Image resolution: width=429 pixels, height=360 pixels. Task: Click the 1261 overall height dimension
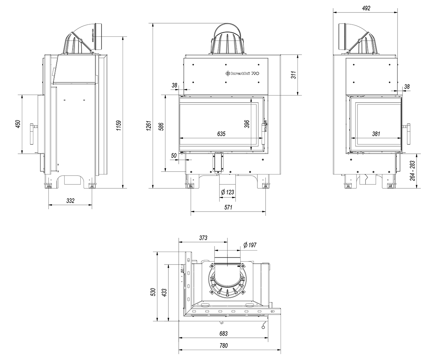[149, 125]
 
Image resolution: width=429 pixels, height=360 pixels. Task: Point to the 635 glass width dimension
[221, 134]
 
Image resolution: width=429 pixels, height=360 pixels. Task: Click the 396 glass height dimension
[247, 124]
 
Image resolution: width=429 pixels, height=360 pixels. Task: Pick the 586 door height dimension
[161, 127]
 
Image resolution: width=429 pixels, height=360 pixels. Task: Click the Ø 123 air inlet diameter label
[227, 192]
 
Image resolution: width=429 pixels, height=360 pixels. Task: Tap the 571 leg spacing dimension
[228, 207]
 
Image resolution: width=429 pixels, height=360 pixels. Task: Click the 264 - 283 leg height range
[413, 171]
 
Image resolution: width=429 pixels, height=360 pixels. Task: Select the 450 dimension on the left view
[18, 124]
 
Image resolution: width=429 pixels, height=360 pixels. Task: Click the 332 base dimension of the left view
[70, 201]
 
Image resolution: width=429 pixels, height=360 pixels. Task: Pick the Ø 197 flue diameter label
[250, 245]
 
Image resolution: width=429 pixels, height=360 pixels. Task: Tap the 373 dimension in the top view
[203, 238]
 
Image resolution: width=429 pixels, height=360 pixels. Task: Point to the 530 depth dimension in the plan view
[153, 292]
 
